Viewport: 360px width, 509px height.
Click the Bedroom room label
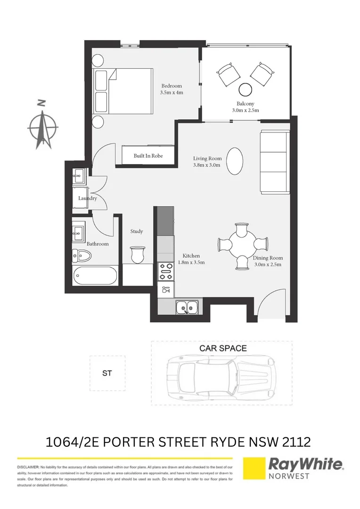[x=172, y=86]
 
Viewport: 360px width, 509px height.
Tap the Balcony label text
[x=245, y=104]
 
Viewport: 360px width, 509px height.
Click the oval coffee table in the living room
[x=235, y=161]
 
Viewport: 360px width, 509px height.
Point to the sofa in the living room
[x=274, y=163]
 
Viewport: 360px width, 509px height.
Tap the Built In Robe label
[x=148, y=156]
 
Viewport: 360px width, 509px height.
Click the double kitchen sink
[x=188, y=308]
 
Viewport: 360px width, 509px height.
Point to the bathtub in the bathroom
[x=96, y=276]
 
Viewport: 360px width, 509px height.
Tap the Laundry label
[x=88, y=198]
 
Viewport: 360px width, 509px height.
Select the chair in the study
[x=137, y=254]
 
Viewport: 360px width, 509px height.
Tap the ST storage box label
[x=107, y=373]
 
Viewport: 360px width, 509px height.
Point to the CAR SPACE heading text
[x=223, y=348]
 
